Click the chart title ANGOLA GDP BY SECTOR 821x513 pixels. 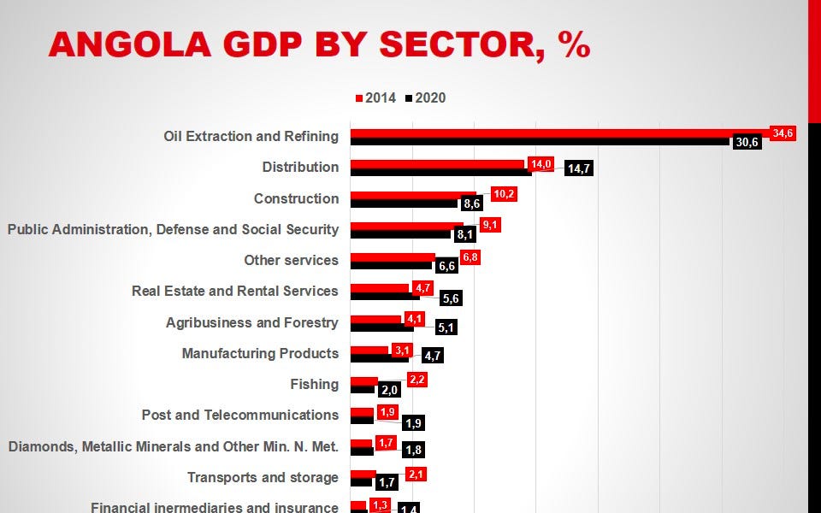tap(319, 44)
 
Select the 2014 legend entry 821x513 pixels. tap(376, 97)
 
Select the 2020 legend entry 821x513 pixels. tap(426, 97)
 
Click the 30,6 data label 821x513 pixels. tap(747, 142)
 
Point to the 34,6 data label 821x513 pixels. tap(783, 133)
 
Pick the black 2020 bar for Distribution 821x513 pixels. tap(441, 172)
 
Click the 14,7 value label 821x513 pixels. tap(579, 168)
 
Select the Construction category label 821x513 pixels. tap(296, 198)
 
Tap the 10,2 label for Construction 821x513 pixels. tap(504, 194)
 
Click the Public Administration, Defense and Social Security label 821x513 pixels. tap(173, 229)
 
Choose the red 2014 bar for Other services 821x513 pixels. tap(393, 256)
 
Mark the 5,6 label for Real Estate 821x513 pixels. tap(451, 298)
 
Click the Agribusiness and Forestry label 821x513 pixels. tap(251, 322)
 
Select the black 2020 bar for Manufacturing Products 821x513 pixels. tap(379, 358)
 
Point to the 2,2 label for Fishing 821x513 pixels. tap(417, 380)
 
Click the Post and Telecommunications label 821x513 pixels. tap(239, 415)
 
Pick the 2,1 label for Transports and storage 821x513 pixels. tap(416, 475)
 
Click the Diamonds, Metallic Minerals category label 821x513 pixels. tap(173, 446)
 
